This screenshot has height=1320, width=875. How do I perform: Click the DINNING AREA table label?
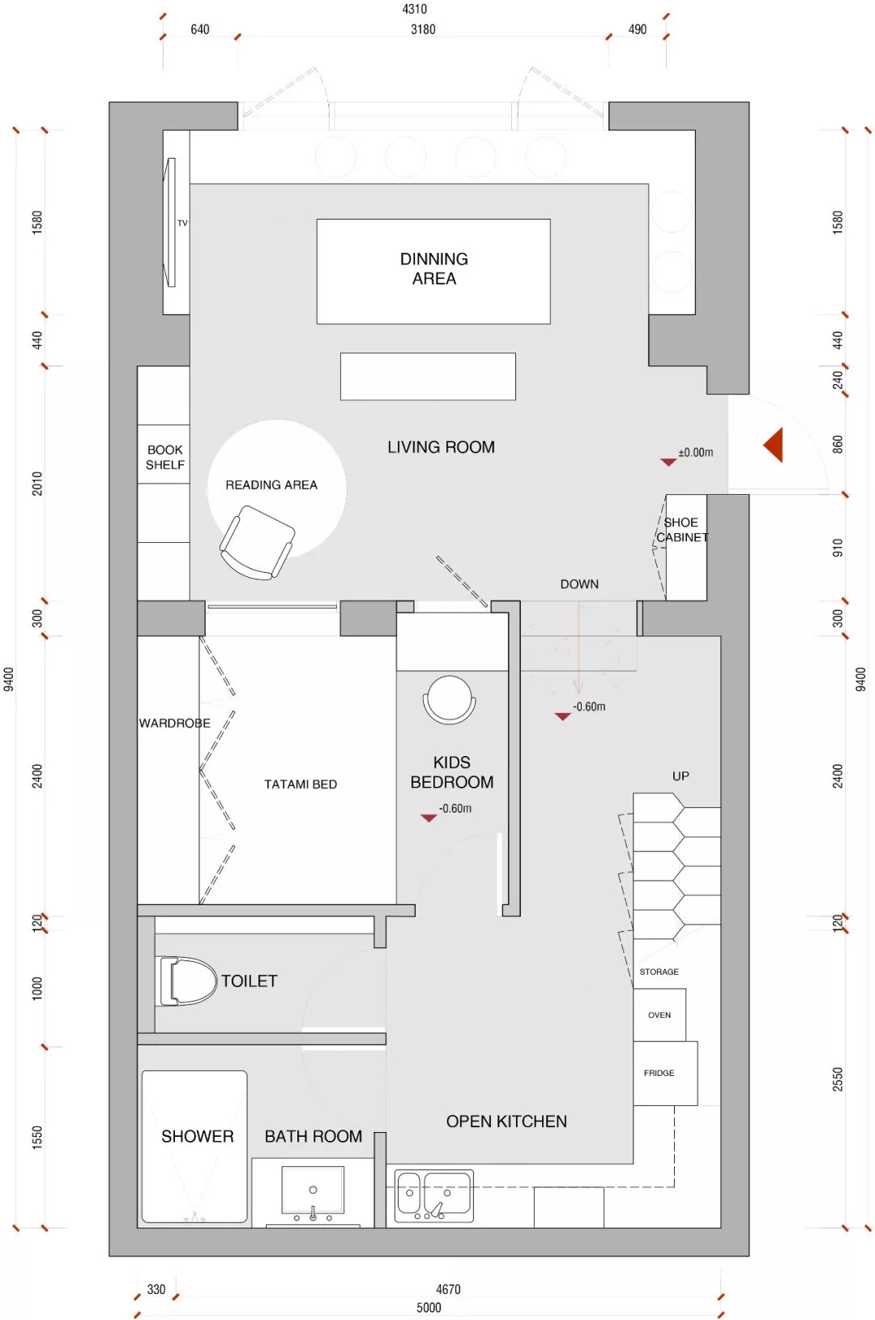coord(433,269)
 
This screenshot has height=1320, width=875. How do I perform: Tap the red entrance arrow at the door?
coord(773,444)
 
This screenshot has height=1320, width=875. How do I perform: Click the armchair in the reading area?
coord(257,542)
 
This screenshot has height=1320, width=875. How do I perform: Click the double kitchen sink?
coord(433,1196)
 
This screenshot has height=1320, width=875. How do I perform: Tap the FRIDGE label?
coord(659,1073)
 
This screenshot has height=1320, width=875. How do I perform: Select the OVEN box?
coord(659,1015)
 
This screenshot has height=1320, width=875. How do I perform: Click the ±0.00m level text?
coord(695,453)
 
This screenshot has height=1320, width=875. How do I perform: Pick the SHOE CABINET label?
coord(681,530)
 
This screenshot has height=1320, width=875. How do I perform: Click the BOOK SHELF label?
coord(165,457)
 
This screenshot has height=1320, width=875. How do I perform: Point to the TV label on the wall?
coord(182,224)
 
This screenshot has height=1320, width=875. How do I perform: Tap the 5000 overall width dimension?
coord(429,1307)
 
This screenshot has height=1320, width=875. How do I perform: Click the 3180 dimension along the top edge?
coord(422,29)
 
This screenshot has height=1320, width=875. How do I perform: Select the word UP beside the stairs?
coord(681,776)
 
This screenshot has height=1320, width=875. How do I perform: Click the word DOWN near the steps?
coord(579,584)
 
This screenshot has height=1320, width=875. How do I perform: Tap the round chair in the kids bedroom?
coord(449,699)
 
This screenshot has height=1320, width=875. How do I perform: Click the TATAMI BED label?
coord(301,784)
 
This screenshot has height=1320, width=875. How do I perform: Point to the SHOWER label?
coord(198,1136)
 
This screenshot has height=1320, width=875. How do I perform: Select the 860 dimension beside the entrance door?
coord(837,444)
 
